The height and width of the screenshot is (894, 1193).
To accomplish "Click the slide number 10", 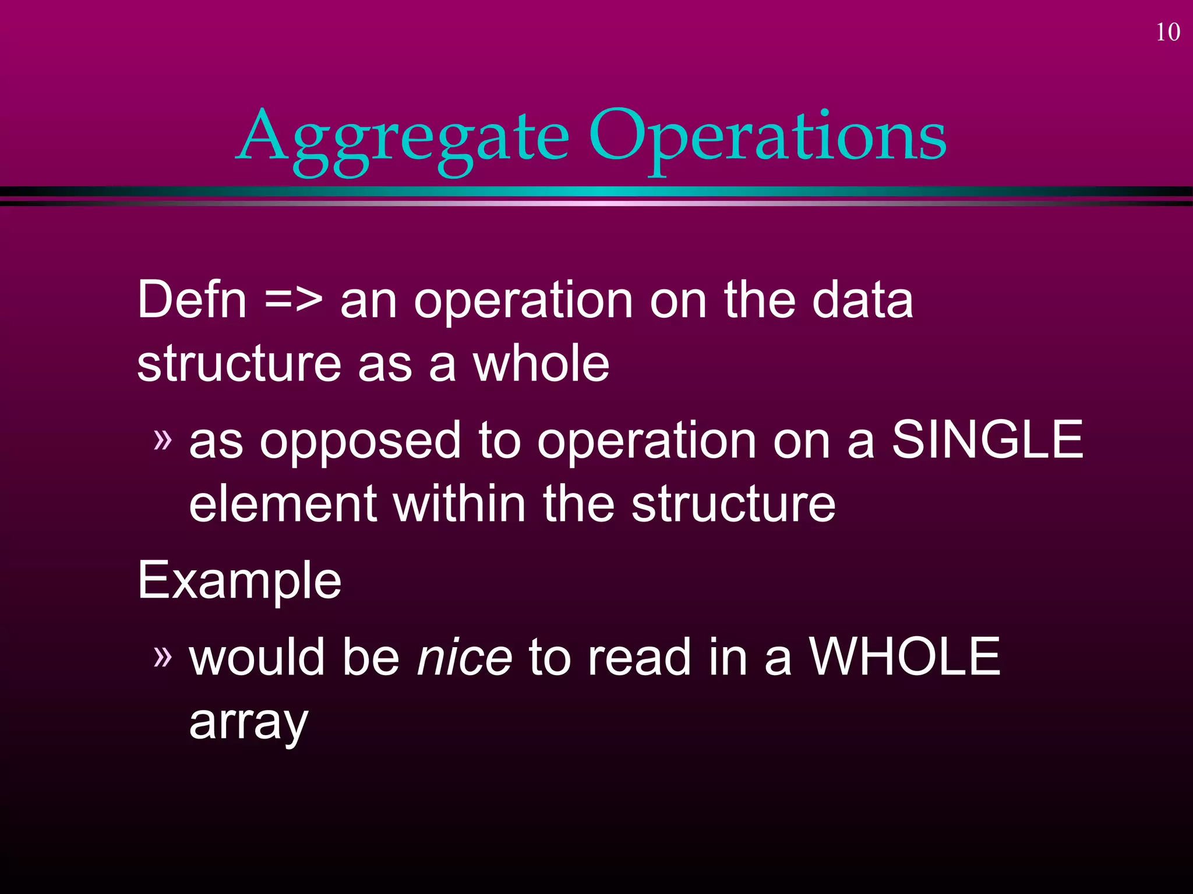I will coord(1167,33).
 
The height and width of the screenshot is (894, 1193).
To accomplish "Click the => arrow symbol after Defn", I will coord(293,301).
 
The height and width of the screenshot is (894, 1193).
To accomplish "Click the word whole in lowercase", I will coord(541,364).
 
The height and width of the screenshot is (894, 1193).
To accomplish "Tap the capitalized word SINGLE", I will coord(987,440).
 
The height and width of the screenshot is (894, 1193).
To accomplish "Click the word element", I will coord(283,504).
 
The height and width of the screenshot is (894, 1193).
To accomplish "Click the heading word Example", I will coord(239,581).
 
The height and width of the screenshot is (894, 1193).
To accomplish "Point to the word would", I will coord(257,657).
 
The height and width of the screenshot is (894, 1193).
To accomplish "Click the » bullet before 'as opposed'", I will coord(163,439).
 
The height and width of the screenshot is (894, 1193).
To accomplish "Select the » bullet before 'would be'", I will coord(163,655).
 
